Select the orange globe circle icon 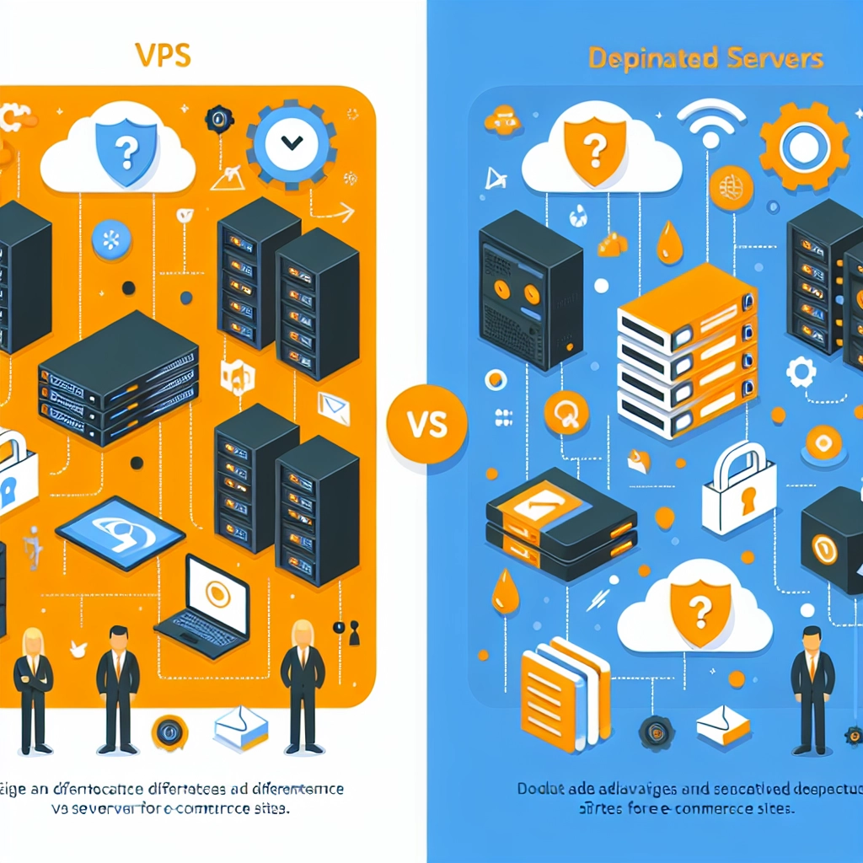tap(731, 188)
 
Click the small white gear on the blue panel tap(800, 372)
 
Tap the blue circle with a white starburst tap(112, 238)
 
